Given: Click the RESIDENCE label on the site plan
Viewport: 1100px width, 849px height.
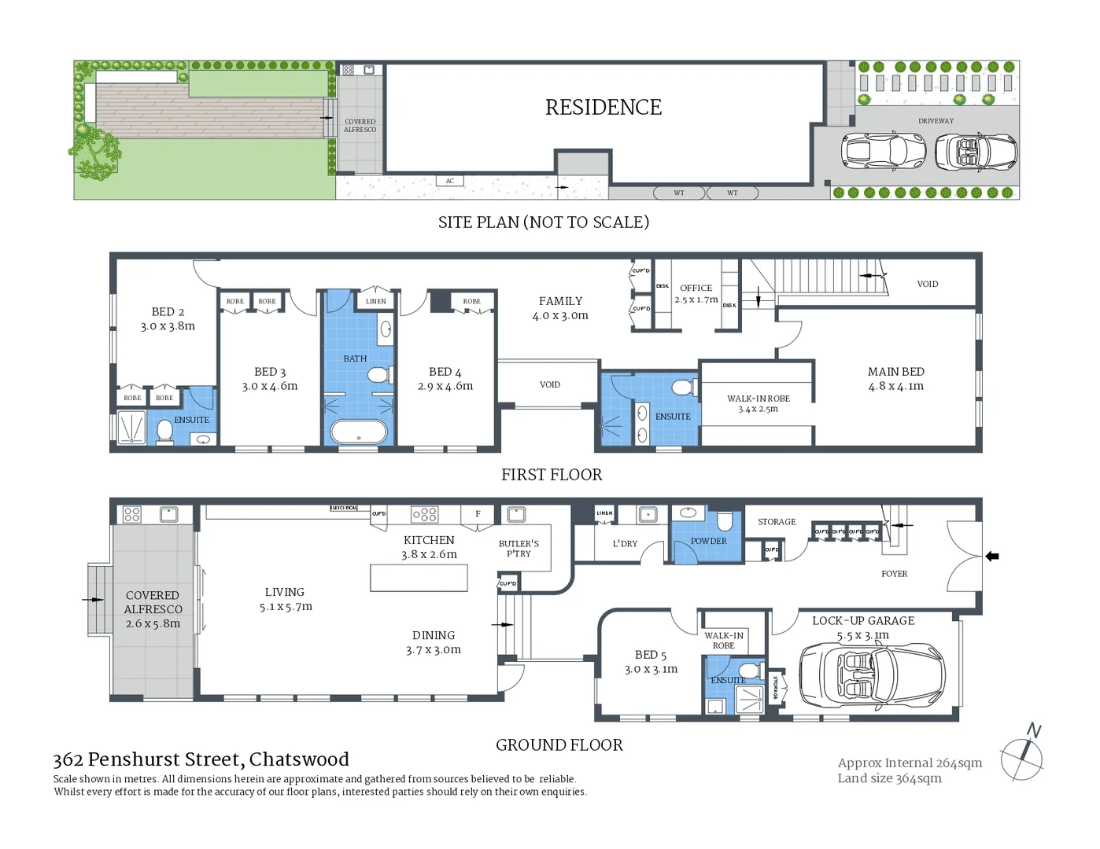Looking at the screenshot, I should tap(604, 107).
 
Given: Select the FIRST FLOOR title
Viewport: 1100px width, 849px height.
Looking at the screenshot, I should tap(552, 475).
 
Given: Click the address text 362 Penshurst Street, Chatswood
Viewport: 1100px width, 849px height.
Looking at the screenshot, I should tap(201, 759).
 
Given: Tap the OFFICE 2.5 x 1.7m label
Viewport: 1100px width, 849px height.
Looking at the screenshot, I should tap(696, 293).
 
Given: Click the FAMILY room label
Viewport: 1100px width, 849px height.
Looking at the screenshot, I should tap(560, 307).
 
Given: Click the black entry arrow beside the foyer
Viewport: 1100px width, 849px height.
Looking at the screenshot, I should tap(992, 557).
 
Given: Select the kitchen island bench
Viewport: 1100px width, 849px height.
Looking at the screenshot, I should tap(419, 578).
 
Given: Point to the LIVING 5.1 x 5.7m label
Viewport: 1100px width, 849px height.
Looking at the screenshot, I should tap(285, 599).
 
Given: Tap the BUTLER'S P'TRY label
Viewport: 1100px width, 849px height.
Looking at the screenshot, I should tap(519, 548).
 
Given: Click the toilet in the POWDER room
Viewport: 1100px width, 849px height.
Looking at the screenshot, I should tap(725, 521).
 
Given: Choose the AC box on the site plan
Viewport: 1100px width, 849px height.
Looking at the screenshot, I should tap(449, 181).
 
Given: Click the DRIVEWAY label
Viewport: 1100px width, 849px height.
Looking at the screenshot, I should tap(936, 121).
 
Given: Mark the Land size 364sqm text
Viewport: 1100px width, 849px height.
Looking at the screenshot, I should tap(889, 778).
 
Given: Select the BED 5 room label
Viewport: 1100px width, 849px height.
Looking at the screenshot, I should tap(651, 661).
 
